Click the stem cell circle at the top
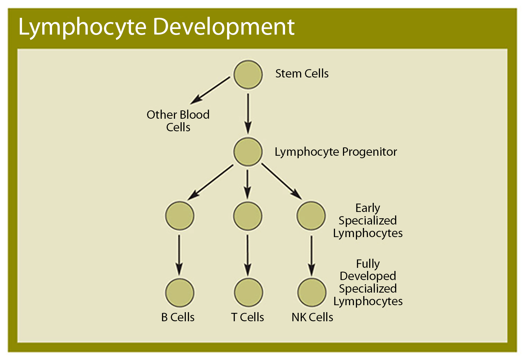click(248, 75)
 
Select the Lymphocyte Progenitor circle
click(248, 152)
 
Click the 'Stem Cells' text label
click(302, 74)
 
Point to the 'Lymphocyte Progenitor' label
click(335, 152)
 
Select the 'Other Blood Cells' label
click(178, 121)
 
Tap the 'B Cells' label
click(178, 317)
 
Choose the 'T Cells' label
click(247, 317)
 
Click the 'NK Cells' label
click(312, 317)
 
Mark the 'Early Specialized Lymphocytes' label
click(367, 220)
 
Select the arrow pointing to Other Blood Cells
click(210, 90)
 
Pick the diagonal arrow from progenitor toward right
click(282, 182)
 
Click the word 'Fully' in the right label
click(368, 264)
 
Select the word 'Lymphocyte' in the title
click(82, 27)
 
